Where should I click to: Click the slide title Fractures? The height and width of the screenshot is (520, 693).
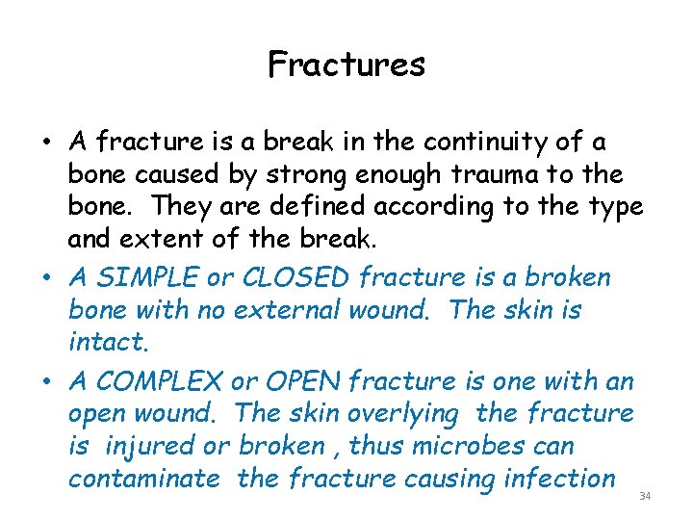(346, 65)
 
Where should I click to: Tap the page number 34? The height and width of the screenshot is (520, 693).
(645, 496)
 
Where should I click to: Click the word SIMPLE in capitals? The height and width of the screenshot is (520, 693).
(146, 277)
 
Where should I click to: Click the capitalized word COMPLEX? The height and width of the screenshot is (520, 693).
(147, 381)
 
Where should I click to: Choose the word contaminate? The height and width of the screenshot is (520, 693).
(143, 479)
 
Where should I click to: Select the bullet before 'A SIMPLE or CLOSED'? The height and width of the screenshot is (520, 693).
(46, 279)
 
